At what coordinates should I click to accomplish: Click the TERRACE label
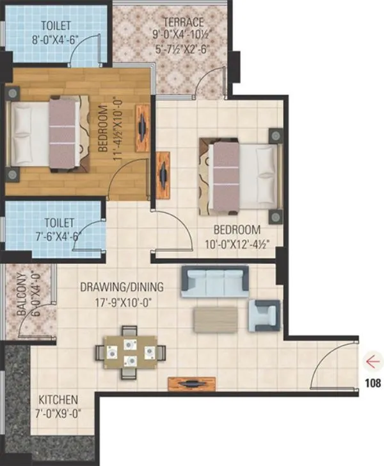click(x=183, y=22)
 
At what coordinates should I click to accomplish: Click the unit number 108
click(x=372, y=384)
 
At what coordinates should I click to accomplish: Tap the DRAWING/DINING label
click(x=122, y=287)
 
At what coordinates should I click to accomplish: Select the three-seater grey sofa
click(x=214, y=282)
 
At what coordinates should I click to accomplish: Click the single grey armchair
click(x=264, y=315)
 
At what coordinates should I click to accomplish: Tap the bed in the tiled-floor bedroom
click(x=241, y=174)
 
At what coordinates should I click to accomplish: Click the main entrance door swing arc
click(x=333, y=365)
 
